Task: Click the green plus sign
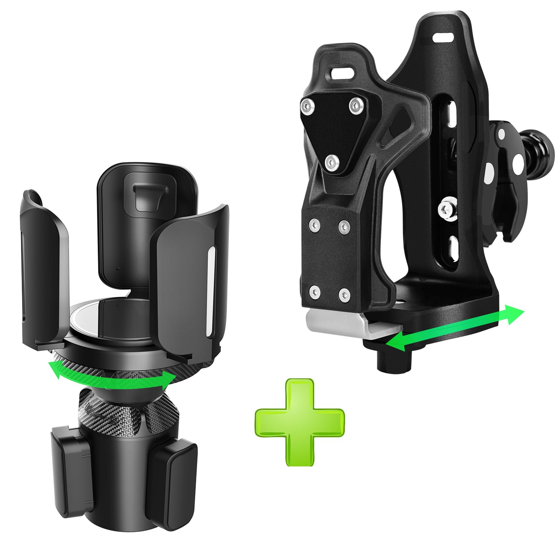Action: pos(300,422)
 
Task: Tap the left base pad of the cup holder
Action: pos(68,462)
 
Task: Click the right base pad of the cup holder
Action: pos(175,472)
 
